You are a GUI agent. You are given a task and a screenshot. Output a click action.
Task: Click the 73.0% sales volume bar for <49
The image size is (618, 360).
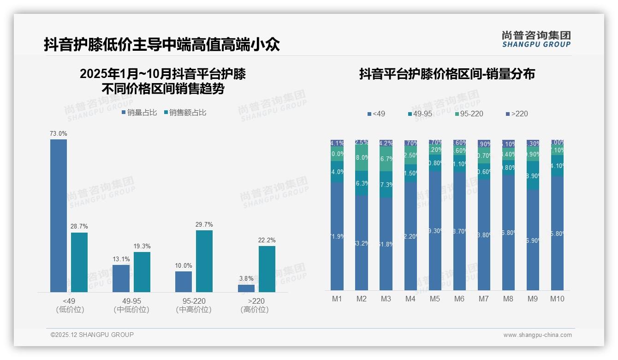pyautogui.click(x=59, y=216)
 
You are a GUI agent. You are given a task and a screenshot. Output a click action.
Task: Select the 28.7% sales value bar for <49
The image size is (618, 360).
pyautogui.click(x=79, y=262)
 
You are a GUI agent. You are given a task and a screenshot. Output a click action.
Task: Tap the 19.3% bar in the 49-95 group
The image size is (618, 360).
pyautogui.click(x=142, y=272)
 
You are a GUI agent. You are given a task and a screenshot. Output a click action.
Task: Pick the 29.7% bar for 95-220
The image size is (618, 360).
pyautogui.click(x=204, y=261)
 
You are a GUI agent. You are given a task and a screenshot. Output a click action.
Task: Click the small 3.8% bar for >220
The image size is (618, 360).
pyautogui.click(x=246, y=288)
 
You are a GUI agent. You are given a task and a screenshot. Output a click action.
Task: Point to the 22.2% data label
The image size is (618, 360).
pyautogui.click(x=267, y=240)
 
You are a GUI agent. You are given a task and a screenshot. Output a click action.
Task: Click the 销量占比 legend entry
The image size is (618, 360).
pyautogui.click(x=139, y=113)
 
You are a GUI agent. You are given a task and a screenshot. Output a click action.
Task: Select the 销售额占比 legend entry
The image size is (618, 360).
pyautogui.click(x=185, y=113)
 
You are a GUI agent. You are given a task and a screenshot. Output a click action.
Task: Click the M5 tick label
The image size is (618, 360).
pyautogui.click(x=435, y=299)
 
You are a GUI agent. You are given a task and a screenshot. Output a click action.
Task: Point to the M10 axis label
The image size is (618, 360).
pyautogui.click(x=557, y=299)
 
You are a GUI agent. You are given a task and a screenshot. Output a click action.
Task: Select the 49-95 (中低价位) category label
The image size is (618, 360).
pyautogui.click(x=131, y=305)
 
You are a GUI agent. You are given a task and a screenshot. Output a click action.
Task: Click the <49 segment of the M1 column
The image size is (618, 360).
pyautogui.click(x=337, y=236)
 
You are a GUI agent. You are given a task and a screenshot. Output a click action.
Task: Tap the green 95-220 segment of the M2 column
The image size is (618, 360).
pyautogui.click(x=362, y=158)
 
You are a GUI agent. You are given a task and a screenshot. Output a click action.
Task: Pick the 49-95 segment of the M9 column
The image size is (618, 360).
pyautogui.click(x=533, y=175)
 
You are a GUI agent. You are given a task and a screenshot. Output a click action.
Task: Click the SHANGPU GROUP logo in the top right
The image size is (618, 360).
pyautogui.click(x=536, y=39)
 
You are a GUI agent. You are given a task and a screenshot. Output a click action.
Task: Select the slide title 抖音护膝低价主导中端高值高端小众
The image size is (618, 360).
pyautogui.click(x=162, y=45)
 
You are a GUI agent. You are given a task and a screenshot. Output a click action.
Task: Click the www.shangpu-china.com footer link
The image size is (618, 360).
pyautogui.click(x=537, y=335)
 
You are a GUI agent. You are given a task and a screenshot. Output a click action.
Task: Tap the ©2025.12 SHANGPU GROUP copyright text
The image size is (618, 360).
pyautogui.click(x=92, y=335)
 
